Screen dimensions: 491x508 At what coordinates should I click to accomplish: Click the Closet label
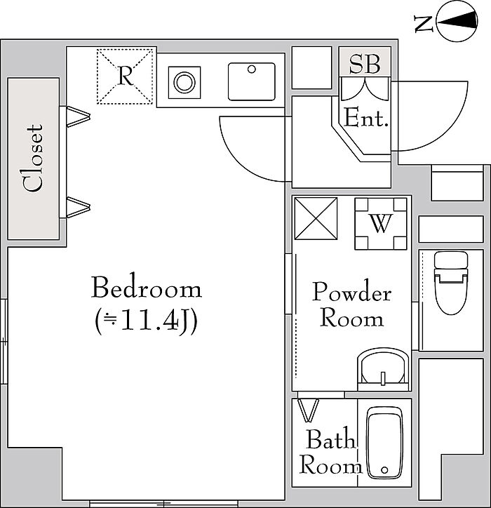33,158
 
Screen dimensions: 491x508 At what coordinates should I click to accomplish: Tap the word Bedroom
147,287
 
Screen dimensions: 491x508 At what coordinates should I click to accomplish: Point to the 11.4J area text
146,322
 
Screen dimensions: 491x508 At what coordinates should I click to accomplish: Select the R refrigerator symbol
125,76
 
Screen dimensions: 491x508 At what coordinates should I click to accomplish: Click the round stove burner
184,82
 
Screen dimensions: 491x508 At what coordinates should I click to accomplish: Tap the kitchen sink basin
252,81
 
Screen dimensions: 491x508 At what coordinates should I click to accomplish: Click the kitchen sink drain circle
252,69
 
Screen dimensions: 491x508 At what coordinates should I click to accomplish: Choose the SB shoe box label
365,64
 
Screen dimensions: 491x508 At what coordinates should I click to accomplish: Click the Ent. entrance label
366,118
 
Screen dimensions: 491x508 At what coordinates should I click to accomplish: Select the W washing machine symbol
381,224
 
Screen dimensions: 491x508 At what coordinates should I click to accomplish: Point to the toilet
450,283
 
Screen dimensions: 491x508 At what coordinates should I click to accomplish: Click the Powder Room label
351,305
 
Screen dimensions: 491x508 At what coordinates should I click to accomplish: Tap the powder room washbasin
383,369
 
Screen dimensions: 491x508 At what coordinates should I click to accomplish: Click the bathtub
385,442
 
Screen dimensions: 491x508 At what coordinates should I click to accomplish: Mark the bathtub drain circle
385,469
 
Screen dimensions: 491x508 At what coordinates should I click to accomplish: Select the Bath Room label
330,453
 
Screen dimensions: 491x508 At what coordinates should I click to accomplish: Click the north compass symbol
457,21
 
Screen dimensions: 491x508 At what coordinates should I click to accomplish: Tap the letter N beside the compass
424,24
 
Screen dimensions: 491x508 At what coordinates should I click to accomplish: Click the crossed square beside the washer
316,219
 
